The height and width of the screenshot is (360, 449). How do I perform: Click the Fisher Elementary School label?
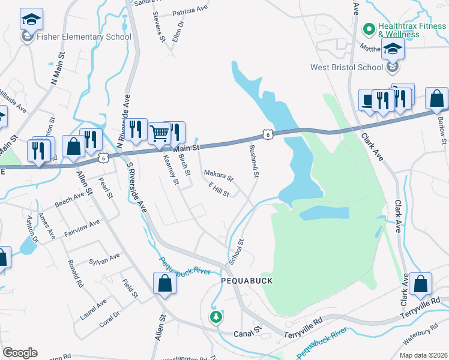[84, 37]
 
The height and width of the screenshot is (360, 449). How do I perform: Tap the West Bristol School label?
[346, 67]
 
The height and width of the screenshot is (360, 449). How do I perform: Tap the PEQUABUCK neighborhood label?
[247, 281]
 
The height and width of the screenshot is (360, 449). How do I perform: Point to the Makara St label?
[218, 176]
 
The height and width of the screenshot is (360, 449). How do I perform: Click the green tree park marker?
[215, 316]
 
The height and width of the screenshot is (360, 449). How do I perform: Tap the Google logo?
[20, 353]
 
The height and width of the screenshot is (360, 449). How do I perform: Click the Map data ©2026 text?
[423, 355]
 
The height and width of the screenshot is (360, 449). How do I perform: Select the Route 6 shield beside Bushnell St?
[268, 134]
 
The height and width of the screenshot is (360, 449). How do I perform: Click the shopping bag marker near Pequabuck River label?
[164, 283]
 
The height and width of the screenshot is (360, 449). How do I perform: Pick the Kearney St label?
[171, 169]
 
